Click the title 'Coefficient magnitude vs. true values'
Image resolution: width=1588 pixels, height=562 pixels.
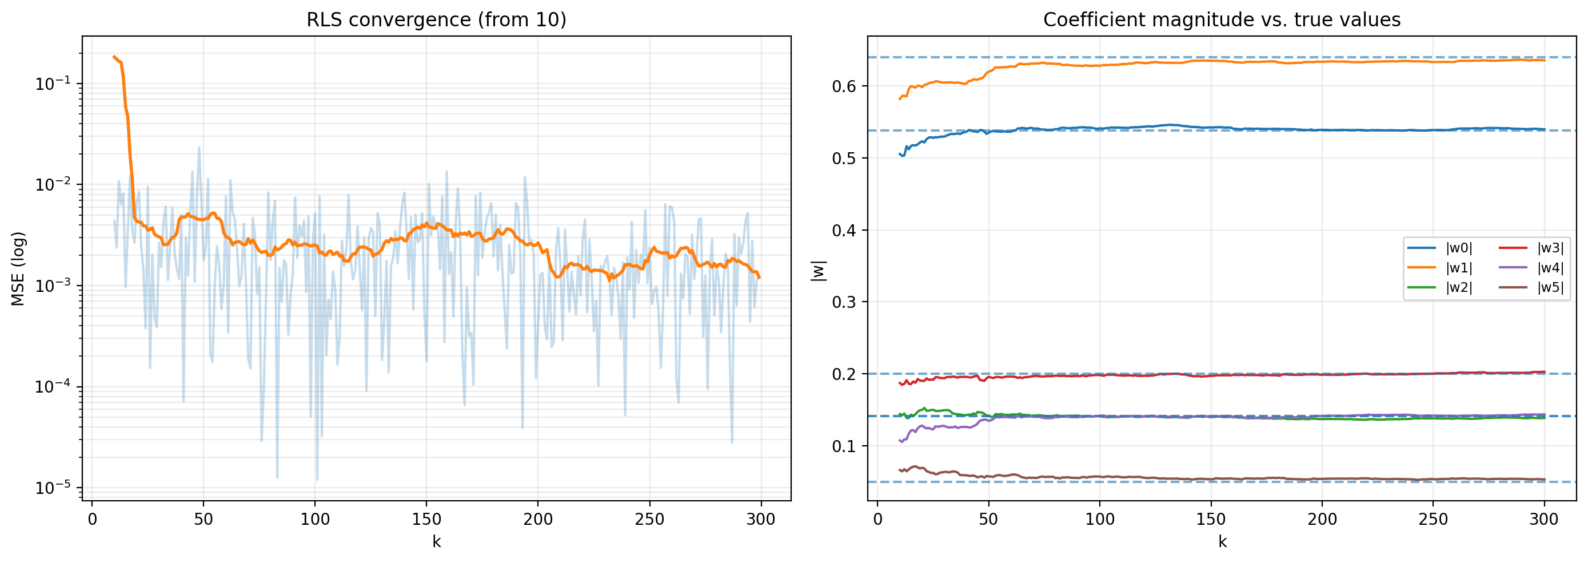click(1221, 19)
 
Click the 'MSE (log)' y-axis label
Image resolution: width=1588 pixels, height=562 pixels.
click(18, 268)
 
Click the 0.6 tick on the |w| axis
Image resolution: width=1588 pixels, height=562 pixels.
click(844, 86)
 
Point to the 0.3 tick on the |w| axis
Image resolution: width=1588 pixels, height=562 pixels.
click(844, 302)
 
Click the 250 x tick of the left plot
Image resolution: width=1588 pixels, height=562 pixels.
click(649, 520)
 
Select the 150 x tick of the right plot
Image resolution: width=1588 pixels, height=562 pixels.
click(1211, 520)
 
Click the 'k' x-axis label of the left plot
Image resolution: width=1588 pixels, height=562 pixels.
click(437, 541)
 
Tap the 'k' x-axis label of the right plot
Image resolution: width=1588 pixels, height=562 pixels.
click(1222, 541)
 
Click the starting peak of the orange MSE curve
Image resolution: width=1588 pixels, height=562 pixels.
click(114, 57)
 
